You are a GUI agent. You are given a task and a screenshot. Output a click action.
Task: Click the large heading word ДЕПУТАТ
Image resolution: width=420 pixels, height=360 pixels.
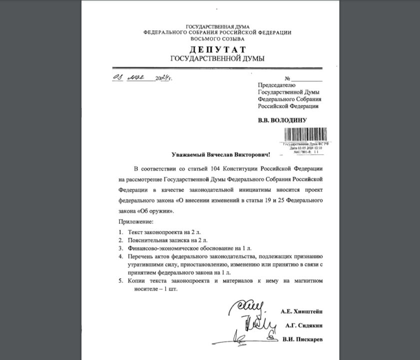tap(217, 49)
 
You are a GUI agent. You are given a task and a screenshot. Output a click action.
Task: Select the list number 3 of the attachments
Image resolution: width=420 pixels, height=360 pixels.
tap(120, 248)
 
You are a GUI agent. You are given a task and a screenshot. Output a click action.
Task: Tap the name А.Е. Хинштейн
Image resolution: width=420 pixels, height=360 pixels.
tap(302, 311)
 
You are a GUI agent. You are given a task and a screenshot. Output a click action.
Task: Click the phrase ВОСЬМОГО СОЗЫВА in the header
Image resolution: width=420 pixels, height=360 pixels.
tap(217, 38)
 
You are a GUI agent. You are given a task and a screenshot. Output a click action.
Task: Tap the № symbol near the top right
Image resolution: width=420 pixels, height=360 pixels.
tap(287, 79)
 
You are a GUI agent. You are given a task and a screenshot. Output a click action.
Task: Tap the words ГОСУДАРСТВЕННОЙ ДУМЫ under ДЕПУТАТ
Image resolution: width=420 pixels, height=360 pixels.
tap(217, 58)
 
